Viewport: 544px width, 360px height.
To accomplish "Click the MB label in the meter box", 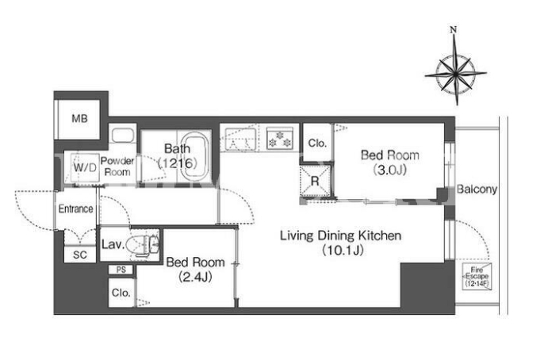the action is click(x=79, y=119).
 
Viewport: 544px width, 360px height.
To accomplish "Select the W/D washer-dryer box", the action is click(x=85, y=167).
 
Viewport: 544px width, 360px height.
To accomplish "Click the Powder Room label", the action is click(x=117, y=167).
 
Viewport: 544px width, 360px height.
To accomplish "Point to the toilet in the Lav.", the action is click(x=143, y=245).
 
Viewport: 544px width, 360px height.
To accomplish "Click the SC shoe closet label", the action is click(x=80, y=255).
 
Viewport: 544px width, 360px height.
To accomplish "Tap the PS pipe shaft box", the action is click(x=121, y=270).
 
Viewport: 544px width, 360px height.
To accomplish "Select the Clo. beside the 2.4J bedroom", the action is click(x=121, y=293).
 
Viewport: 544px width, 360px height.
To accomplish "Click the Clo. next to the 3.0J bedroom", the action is click(x=317, y=143).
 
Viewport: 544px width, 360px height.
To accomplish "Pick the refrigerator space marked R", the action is click(x=315, y=181).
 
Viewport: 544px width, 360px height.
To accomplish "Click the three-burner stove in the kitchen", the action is click(x=280, y=139).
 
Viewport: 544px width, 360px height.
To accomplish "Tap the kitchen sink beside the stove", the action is click(x=241, y=140).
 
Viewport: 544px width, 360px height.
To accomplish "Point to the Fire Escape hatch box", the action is click(x=477, y=276).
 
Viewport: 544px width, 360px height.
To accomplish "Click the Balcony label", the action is click(x=477, y=189).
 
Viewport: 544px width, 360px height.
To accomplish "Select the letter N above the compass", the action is click(x=454, y=30).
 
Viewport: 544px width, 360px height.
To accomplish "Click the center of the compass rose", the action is click(x=455, y=74).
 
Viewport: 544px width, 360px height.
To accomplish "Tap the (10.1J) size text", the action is click(x=343, y=250).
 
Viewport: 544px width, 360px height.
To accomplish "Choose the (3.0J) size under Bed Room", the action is click(x=390, y=170).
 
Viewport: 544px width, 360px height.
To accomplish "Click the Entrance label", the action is click(x=75, y=209).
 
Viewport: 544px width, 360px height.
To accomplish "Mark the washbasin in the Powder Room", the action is click(x=122, y=136).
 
